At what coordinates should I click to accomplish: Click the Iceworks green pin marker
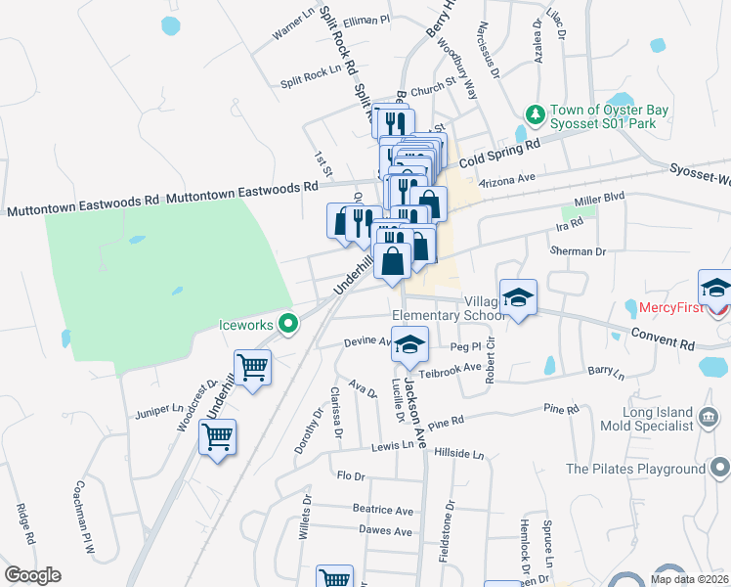click(x=287, y=323)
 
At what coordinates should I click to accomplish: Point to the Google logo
click(x=32, y=575)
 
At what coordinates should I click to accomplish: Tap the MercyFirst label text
click(x=670, y=307)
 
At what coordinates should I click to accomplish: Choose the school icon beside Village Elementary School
click(x=518, y=296)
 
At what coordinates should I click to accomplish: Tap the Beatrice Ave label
click(x=383, y=510)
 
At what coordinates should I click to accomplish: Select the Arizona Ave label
click(x=513, y=179)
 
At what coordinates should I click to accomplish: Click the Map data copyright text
click(x=690, y=579)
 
